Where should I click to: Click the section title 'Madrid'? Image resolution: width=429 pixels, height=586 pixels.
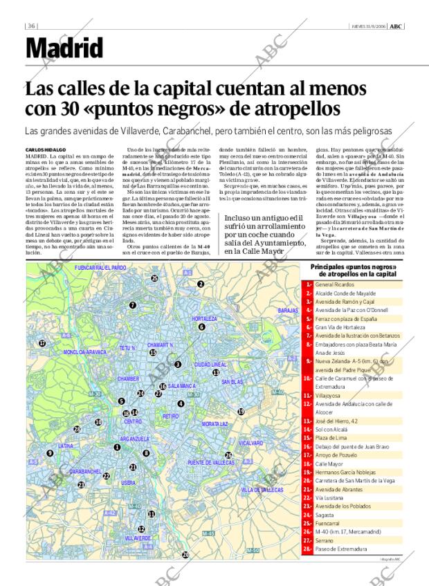(64, 48)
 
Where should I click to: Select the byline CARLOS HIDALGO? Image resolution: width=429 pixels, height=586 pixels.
(46, 149)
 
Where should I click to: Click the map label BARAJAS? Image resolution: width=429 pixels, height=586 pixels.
(287, 311)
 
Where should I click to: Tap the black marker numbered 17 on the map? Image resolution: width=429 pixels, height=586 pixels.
(42, 343)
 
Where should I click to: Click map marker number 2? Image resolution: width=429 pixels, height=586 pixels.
(200, 284)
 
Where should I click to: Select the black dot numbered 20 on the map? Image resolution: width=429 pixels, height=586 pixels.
(185, 555)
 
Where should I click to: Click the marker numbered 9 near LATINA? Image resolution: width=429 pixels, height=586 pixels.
(50, 453)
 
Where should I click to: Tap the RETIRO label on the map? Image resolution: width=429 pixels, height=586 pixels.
(170, 416)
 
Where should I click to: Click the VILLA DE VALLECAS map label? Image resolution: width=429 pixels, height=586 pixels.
(262, 489)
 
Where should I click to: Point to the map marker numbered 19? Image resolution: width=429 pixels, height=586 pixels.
(241, 412)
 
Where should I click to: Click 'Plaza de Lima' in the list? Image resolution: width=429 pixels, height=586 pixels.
(330, 438)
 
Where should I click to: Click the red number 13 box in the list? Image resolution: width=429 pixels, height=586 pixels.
(307, 421)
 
